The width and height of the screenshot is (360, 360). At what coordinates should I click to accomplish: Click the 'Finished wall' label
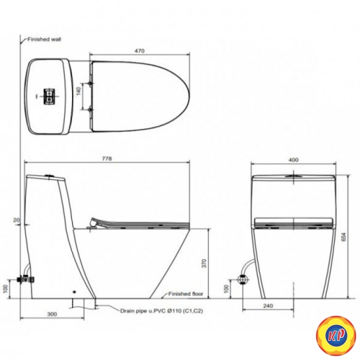[x=44, y=39]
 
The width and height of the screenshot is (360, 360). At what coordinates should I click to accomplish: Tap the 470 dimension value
[x=139, y=50]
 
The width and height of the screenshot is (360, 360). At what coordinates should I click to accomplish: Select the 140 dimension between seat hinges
[x=79, y=91]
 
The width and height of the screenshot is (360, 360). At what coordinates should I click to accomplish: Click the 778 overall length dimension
[x=107, y=158]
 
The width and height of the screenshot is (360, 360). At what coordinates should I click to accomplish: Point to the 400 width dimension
[x=293, y=160]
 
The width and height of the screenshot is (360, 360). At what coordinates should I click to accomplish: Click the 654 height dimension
[x=344, y=236]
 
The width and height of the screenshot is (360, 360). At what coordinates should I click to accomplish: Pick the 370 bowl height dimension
[x=204, y=263]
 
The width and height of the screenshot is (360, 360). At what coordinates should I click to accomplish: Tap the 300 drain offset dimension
[x=52, y=314]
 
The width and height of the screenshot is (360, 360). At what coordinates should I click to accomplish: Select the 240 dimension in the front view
[x=268, y=306]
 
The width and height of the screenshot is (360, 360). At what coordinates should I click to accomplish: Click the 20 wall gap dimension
[x=17, y=220]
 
